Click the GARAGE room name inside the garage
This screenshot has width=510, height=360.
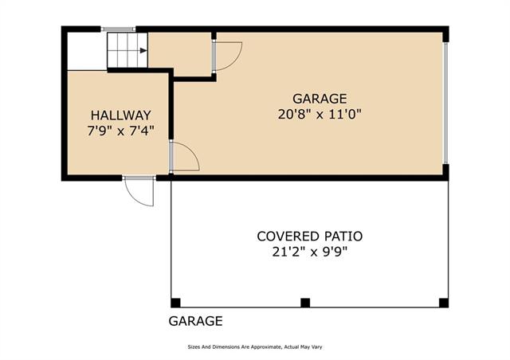pos(320,99)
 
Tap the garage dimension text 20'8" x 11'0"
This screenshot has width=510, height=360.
pos(320,115)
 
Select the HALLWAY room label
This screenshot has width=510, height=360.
pos(120,115)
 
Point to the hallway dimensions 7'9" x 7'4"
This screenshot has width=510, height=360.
pos(120,131)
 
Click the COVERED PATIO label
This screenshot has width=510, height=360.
pos(310,237)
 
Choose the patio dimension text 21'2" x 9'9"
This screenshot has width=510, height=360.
pos(310,252)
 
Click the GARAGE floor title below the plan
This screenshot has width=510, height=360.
pos(195,321)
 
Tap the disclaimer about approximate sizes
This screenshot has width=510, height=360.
pos(255,347)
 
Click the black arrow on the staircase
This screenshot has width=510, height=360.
pos(143,50)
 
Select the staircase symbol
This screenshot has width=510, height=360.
pos(127,50)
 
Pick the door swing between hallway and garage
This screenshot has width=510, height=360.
pos(185,156)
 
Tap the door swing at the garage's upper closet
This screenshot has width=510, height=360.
pos(228,56)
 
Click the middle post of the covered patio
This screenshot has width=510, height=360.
pos(305,303)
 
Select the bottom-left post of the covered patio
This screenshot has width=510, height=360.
pos(175,303)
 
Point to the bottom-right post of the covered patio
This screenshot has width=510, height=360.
pos(444,303)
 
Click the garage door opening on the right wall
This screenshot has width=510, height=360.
pos(446,103)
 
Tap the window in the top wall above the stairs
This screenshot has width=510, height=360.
pos(118,29)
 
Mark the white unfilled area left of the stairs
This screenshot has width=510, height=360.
pos(88,51)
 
